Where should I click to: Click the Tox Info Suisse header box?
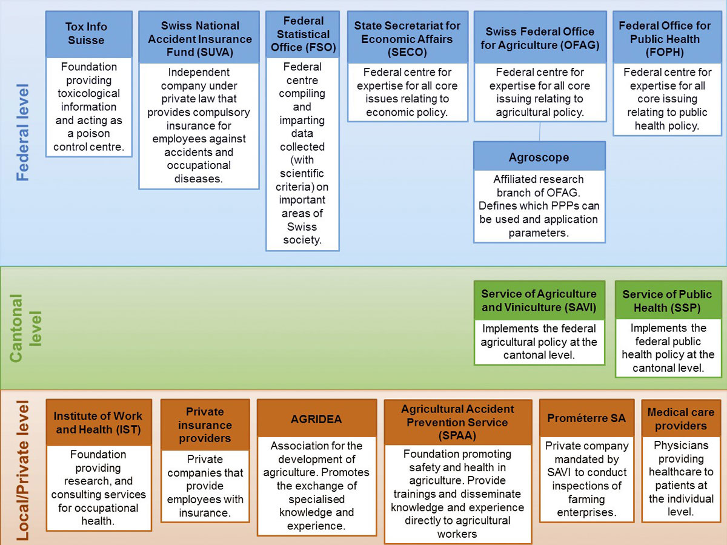tap(89, 34)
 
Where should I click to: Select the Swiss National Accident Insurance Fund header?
tap(199, 39)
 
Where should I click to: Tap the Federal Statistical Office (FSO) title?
tap(302, 34)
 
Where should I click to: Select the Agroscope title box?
tap(539, 157)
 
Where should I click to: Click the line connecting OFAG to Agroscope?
tap(539, 132)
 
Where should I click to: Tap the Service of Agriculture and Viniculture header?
tap(539, 300)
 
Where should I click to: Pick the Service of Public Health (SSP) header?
tap(667, 300)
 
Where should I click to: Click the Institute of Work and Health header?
tap(98, 423)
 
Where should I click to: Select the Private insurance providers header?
tap(205, 425)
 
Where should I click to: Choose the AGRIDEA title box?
tap(316, 419)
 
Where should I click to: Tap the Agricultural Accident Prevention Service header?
tap(457, 422)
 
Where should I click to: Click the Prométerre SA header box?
tap(586, 418)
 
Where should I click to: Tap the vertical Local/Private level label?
tap(23, 470)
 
